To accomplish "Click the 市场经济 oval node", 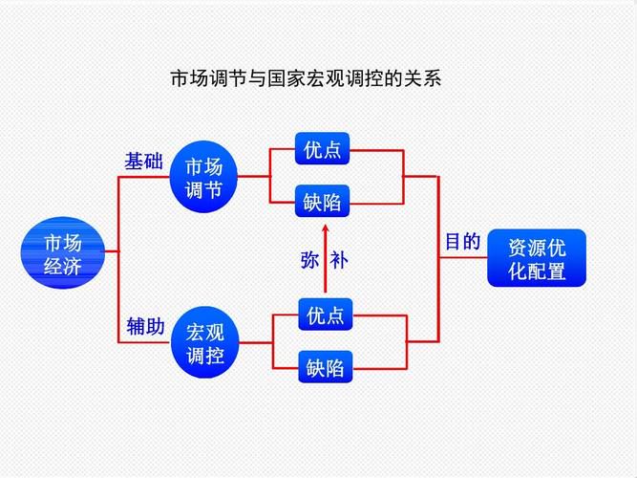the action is pyautogui.click(x=63, y=252).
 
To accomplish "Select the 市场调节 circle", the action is pyautogui.click(x=203, y=177).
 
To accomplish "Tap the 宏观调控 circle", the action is pyautogui.click(x=204, y=342).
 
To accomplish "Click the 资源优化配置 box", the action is pyautogui.click(x=537, y=258).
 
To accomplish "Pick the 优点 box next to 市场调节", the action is pyautogui.click(x=322, y=148).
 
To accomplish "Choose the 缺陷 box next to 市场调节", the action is pyautogui.click(x=322, y=201).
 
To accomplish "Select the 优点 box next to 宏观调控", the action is pyautogui.click(x=326, y=315).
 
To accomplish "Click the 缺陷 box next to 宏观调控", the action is pyautogui.click(x=326, y=366).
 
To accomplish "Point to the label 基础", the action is pyautogui.click(x=143, y=162).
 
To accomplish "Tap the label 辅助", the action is pyautogui.click(x=145, y=326).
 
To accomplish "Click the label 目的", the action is pyautogui.click(x=463, y=242).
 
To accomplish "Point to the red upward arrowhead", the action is pyautogui.click(x=325, y=228).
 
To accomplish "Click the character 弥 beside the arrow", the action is pyautogui.click(x=309, y=260).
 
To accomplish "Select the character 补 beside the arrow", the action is pyautogui.click(x=339, y=260).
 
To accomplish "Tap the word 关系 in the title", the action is pyautogui.click(x=422, y=78).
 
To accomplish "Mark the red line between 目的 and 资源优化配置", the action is pyautogui.click(x=463, y=257).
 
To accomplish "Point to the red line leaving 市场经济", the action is pyautogui.click(x=112, y=251).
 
